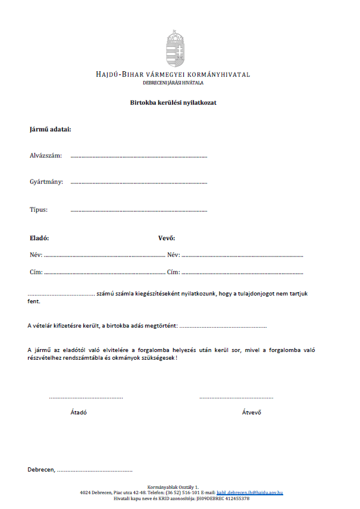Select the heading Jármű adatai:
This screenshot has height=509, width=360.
(50, 130)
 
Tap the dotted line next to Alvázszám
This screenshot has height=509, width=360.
(139, 156)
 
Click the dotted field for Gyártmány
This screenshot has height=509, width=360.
(139, 183)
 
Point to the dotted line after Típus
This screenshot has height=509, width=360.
(139, 210)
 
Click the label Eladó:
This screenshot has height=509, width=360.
(39, 238)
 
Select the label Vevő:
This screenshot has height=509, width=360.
(166, 238)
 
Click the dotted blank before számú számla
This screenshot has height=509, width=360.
(61, 294)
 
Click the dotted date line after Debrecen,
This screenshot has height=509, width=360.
(95, 471)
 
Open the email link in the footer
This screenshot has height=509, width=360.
(249, 493)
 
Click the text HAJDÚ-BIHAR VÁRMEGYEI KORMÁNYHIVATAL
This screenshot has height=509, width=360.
(173, 75)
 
